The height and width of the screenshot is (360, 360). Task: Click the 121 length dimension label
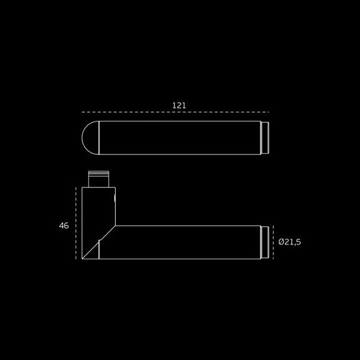179,106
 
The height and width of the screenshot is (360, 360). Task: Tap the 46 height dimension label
64,226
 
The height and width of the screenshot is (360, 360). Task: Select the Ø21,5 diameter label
289,242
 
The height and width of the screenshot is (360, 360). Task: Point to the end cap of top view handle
265,137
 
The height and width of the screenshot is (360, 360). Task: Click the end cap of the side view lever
265,242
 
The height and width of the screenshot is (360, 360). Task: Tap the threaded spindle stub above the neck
99,179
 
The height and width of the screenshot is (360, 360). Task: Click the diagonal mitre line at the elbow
99,242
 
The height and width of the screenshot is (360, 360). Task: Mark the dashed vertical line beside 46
76,223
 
